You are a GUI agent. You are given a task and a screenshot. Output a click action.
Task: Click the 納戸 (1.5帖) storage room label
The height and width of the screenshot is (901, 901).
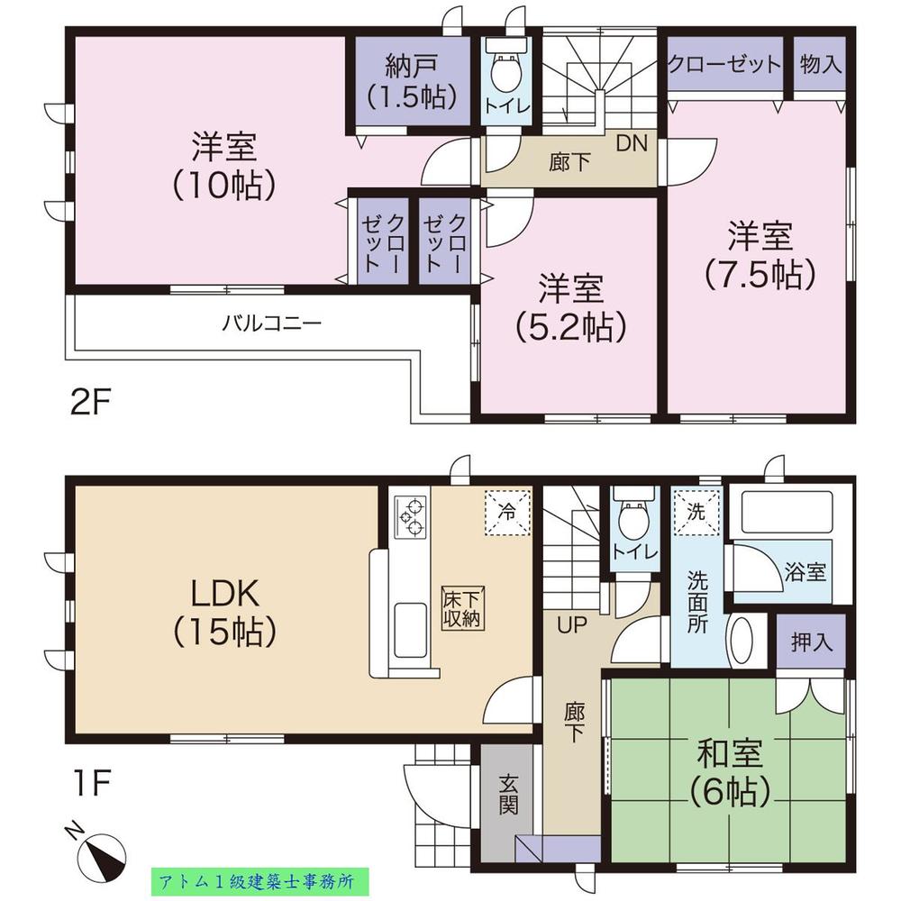coord(411,80)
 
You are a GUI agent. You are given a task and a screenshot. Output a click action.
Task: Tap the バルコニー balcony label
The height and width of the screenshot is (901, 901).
coord(272,322)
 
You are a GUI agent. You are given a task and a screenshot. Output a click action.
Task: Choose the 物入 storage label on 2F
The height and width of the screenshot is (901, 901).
coord(820,65)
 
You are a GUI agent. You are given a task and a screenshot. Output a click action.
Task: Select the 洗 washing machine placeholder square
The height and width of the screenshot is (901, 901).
coord(697,512)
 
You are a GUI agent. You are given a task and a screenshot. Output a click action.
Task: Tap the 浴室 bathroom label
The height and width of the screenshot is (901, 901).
coord(805,572)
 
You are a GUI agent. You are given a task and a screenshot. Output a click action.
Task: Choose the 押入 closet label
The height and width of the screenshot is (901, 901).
coord(812,642)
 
